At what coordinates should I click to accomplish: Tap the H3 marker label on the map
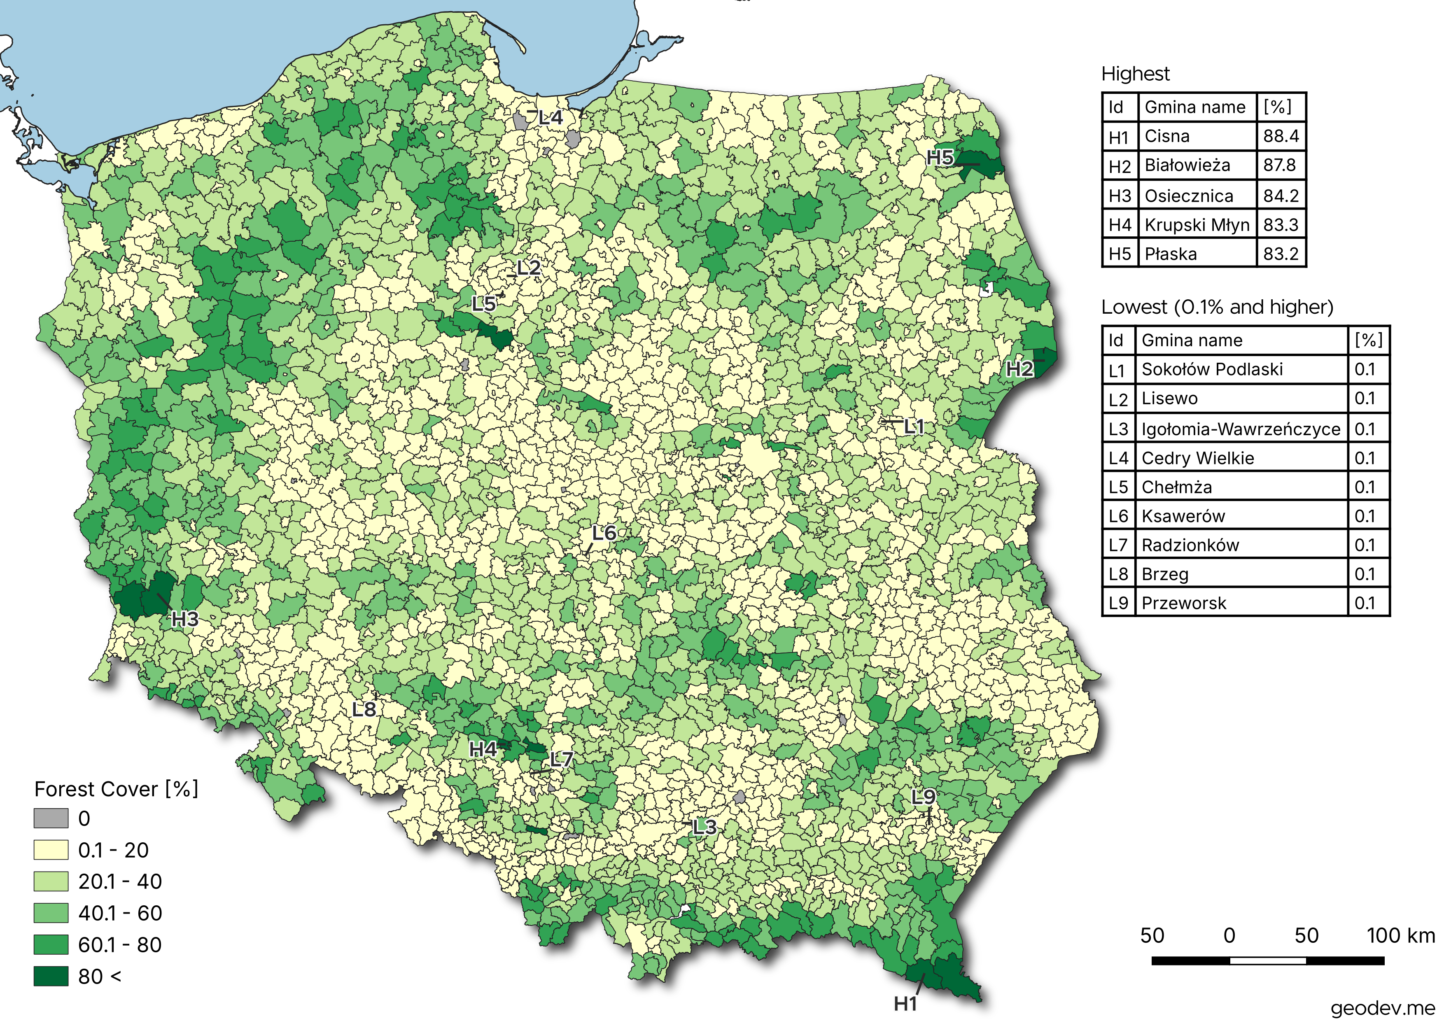(x=185, y=619)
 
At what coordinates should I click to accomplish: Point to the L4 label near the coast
(x=551, y=118)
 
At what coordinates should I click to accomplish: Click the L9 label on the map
(x=923, y=797)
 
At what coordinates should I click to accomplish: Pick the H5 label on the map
(x=940, y=157)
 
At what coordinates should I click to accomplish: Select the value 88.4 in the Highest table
(x=1281, y=136)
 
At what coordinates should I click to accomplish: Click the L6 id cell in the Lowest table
(x=1118, y=516)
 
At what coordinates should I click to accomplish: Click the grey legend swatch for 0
(x=51, y=818)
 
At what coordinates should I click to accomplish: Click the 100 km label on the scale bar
(x=1400, y=935)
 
